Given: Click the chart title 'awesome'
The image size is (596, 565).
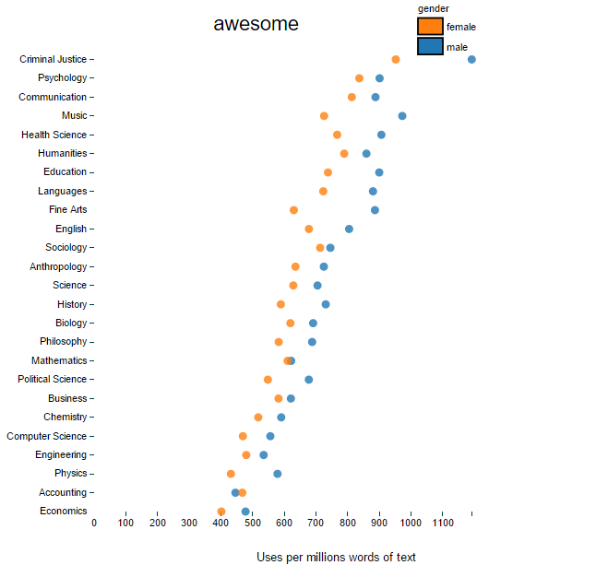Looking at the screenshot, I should point(256,25).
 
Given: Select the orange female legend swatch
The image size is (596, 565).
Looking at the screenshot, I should point(430,27).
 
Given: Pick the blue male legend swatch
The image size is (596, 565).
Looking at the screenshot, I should point(430,46).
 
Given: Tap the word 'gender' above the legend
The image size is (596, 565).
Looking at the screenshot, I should point(433,8).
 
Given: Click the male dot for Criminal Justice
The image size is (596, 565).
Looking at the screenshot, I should point(471,59).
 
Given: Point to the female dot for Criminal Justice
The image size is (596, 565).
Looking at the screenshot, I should point(396,59).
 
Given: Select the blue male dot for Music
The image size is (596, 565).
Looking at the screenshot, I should point(402,116).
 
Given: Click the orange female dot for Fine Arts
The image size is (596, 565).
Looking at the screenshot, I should point(294,210).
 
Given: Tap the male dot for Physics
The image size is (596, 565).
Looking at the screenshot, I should point(278,474).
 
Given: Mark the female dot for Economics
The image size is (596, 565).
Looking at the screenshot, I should point(221,512).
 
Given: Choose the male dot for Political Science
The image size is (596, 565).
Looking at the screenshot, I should point(309,380).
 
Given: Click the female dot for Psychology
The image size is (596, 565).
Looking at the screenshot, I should point(359,78).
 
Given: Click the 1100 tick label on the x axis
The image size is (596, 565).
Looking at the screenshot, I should point(442,524).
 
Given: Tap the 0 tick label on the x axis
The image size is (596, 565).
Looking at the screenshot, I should point(94,524).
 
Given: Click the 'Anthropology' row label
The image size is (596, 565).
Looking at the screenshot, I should point(58,266).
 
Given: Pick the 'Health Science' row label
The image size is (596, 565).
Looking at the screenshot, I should point(54,135).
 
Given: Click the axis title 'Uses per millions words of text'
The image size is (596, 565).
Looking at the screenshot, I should point(336,557).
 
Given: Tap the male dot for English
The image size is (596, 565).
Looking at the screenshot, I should point(349,229).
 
